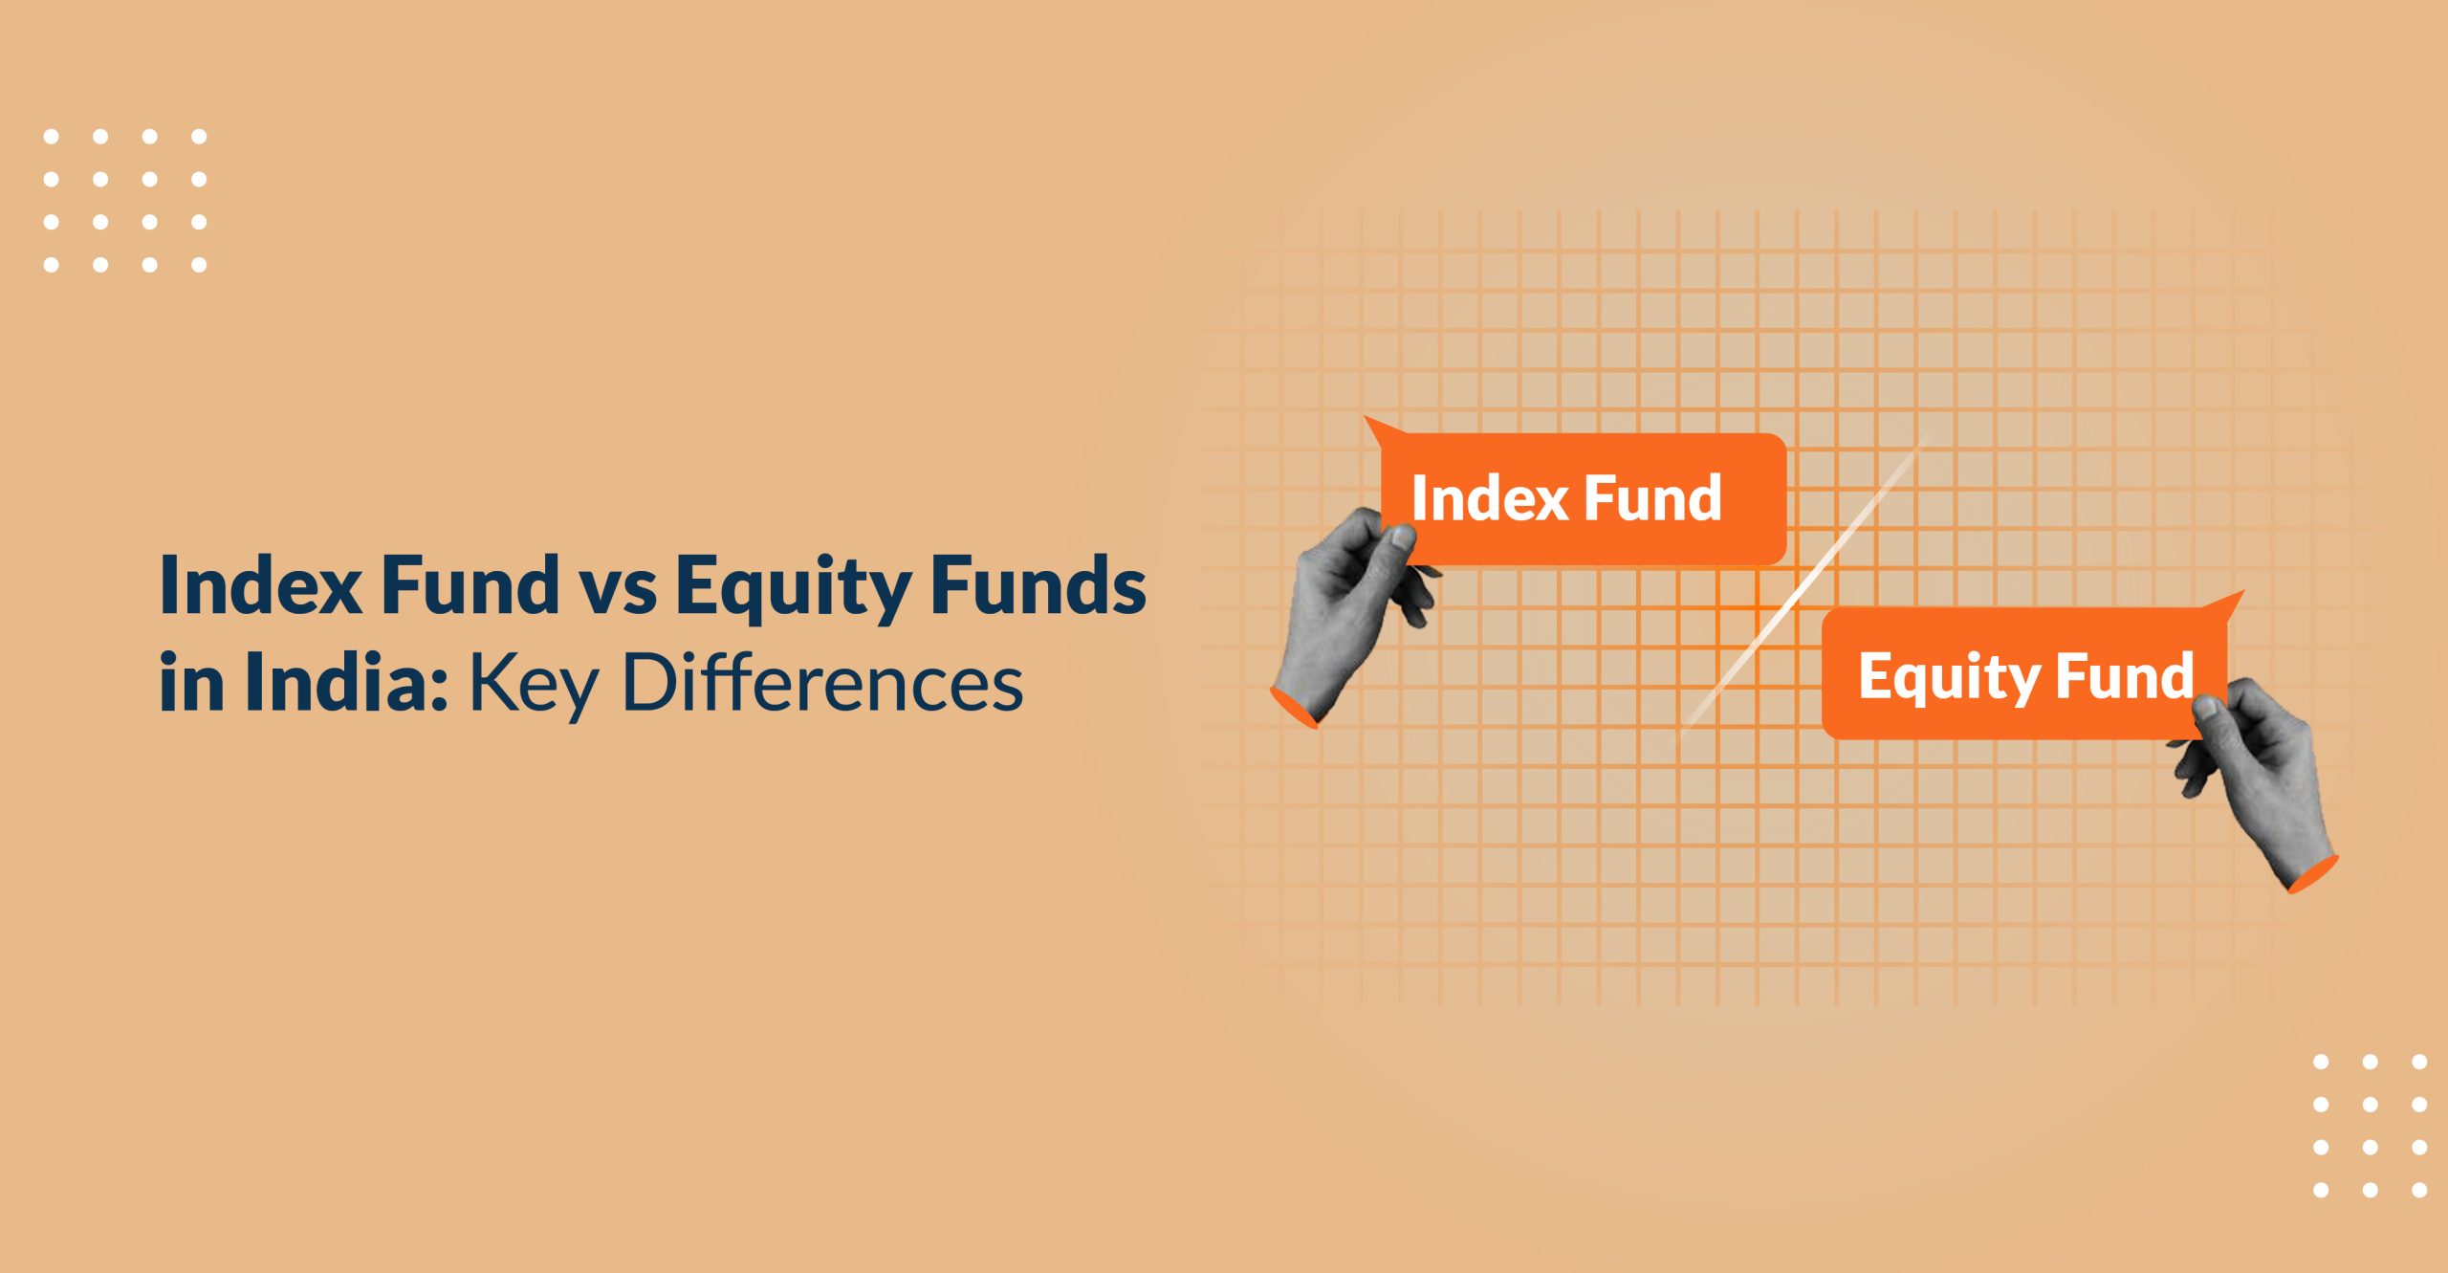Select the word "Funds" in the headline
coord(1038,584)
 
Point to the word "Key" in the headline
coord(533,685)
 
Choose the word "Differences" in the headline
coord(822,683)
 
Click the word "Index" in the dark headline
coord(260,584)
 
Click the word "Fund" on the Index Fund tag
coord(1653,498)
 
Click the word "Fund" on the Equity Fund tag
coord(2124,676)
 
